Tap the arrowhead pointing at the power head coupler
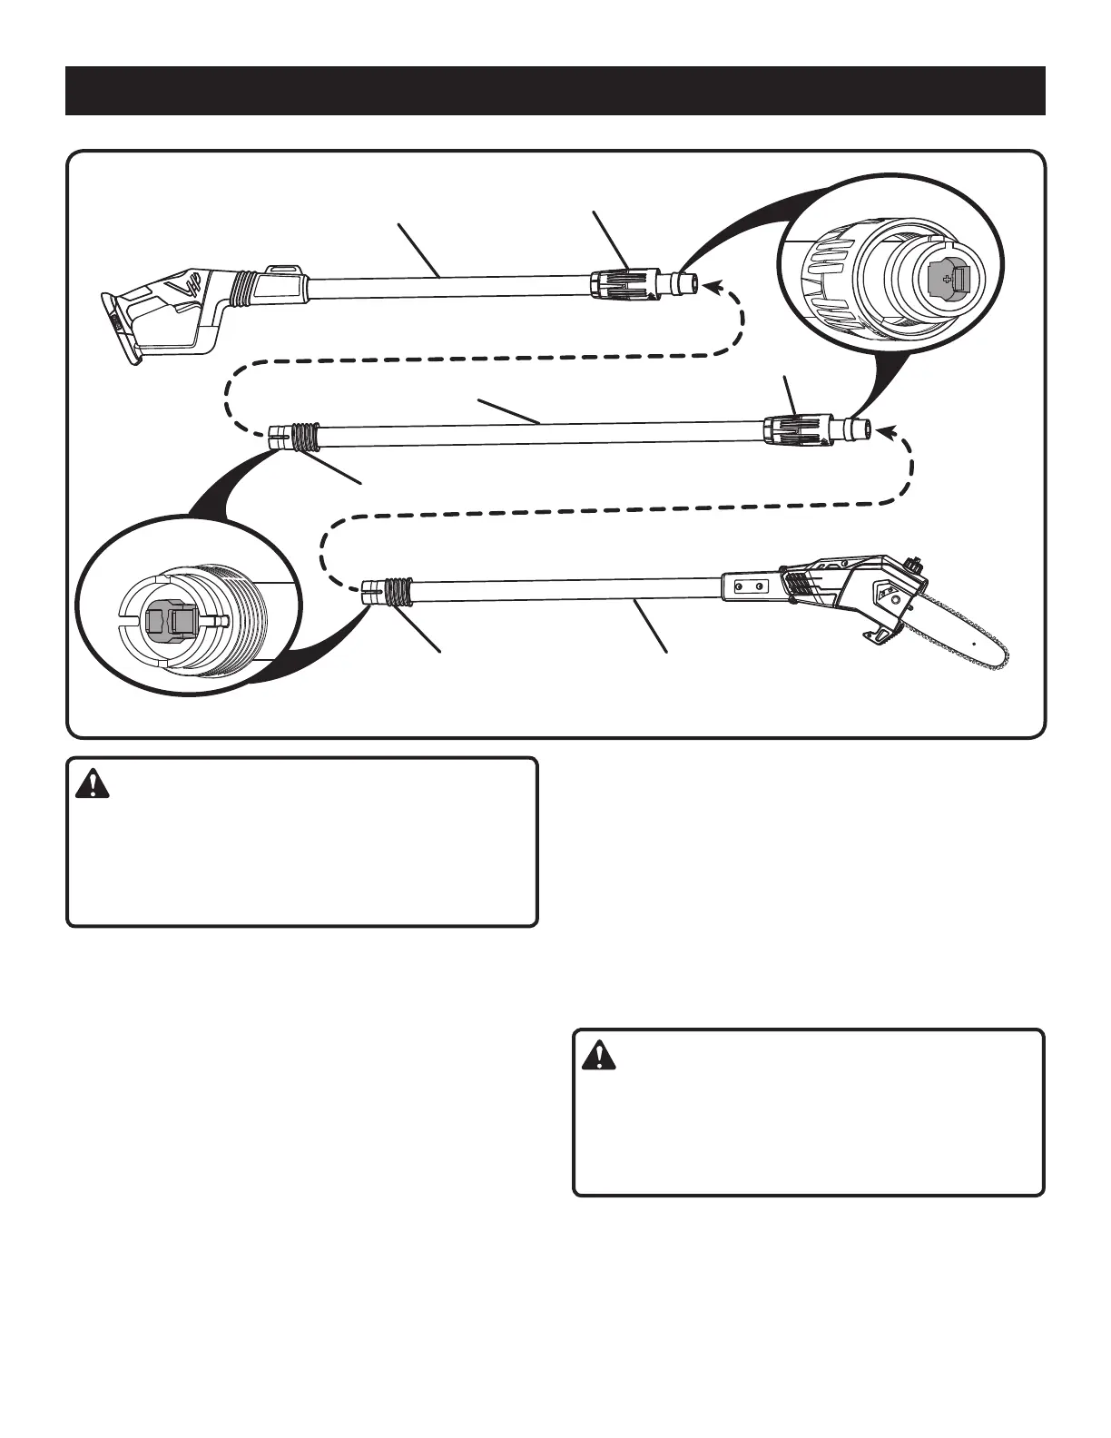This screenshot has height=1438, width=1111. (x=717, y=289)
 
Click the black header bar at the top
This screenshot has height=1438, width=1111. (x=555, y=91)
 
